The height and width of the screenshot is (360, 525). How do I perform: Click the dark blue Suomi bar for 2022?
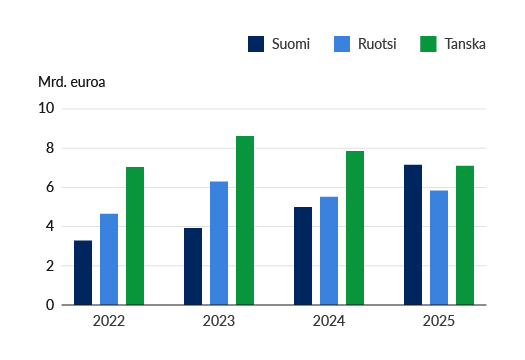[x=83, y=273]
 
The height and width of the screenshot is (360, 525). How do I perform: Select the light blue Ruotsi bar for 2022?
[x=109, y=259]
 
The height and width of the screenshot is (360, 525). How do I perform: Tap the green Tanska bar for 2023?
[x=245, y=220]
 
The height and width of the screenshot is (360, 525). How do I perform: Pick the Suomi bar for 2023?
[x=193, y=267]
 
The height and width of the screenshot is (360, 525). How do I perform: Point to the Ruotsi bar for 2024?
[x=329, y=251]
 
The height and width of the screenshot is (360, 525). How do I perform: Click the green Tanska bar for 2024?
[x=355, y=228]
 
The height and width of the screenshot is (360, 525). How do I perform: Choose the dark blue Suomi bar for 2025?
[x=413, y=235]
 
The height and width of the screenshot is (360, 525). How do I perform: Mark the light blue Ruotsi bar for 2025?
[x=439, y=248]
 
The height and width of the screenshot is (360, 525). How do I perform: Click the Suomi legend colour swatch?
[x=256, y=44]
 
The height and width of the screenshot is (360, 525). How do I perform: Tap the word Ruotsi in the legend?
[x=377, y=44]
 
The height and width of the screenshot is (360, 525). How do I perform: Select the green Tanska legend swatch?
[x=428, y=44]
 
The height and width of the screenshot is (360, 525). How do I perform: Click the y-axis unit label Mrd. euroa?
[x=72, y=82]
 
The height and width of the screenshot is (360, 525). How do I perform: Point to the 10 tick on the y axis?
[x=46, y=108]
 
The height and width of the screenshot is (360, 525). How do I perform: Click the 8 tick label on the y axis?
[x=50, y=148]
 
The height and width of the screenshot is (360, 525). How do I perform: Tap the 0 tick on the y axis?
[x=50, y=305]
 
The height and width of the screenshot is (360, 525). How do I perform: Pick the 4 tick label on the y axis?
[x=50, y=226]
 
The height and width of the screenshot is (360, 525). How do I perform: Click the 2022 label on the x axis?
[x=109, y=321]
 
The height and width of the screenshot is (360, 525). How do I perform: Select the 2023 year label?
[x=219, y=321]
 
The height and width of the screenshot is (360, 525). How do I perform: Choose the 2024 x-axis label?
[x=329, y=321]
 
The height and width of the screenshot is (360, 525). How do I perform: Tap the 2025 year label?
[x=439, y=321]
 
